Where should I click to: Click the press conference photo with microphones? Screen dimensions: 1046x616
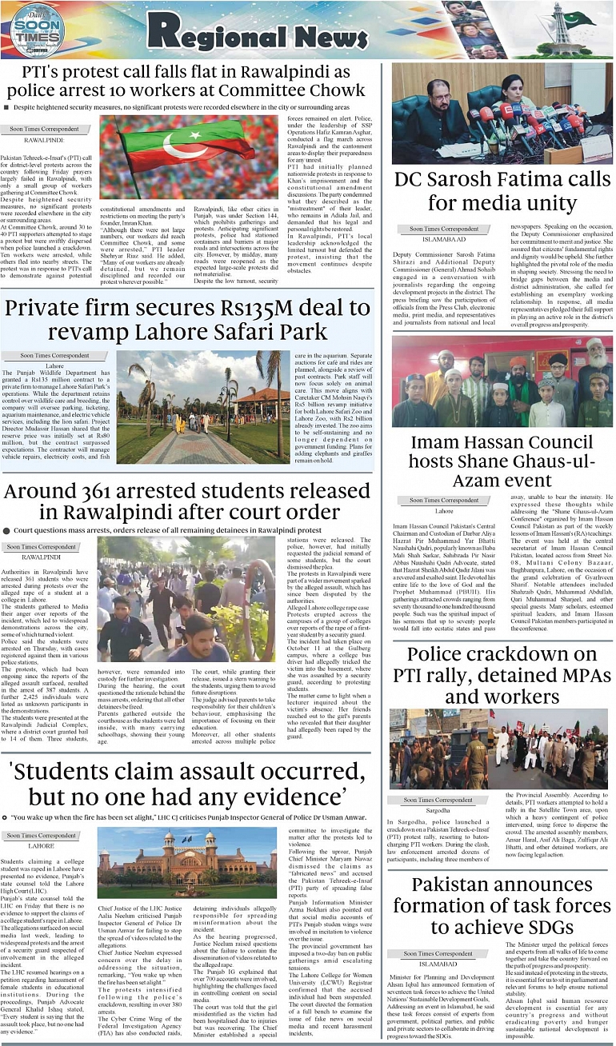502,114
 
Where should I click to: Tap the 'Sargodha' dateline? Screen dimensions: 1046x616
438,810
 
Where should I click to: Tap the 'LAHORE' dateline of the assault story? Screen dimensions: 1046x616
41,845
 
